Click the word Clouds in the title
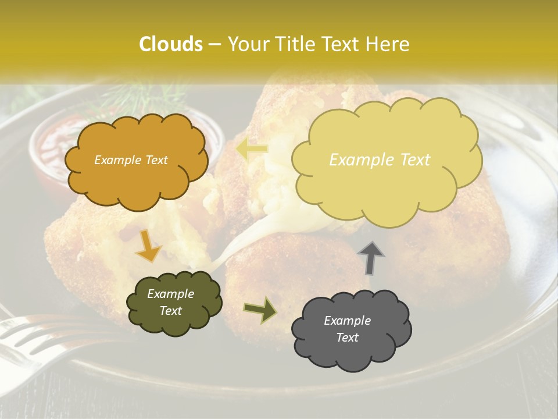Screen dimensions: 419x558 (170, 44)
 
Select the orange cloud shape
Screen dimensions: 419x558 (137, 175)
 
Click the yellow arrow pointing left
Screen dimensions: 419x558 (252, 150)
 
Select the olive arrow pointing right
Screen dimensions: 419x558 (260, 310)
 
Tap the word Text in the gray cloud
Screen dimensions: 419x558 (347, 338)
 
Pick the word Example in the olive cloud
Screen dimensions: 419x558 (170, 294)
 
